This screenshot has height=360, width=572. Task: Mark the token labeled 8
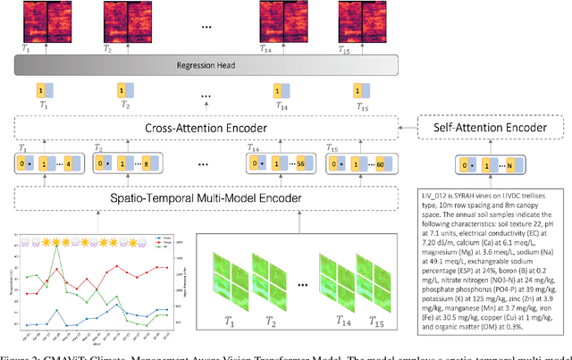(158, 165)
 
